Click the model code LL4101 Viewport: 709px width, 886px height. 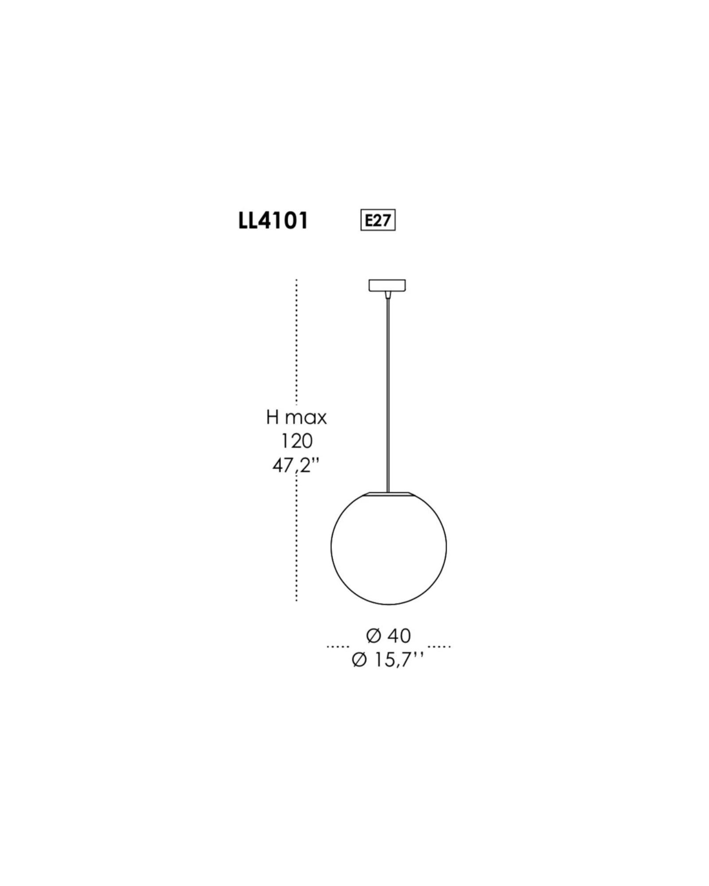tap(273, 221)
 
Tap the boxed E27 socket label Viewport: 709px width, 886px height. tap(378, 221)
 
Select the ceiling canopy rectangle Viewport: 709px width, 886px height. tap(387, 285)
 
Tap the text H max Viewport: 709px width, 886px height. tap(296, 417)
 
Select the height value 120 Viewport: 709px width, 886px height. tap(297, 441)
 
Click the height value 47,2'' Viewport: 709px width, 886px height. tap(296, 465)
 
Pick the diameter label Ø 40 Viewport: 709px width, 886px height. tap(389, 636)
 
